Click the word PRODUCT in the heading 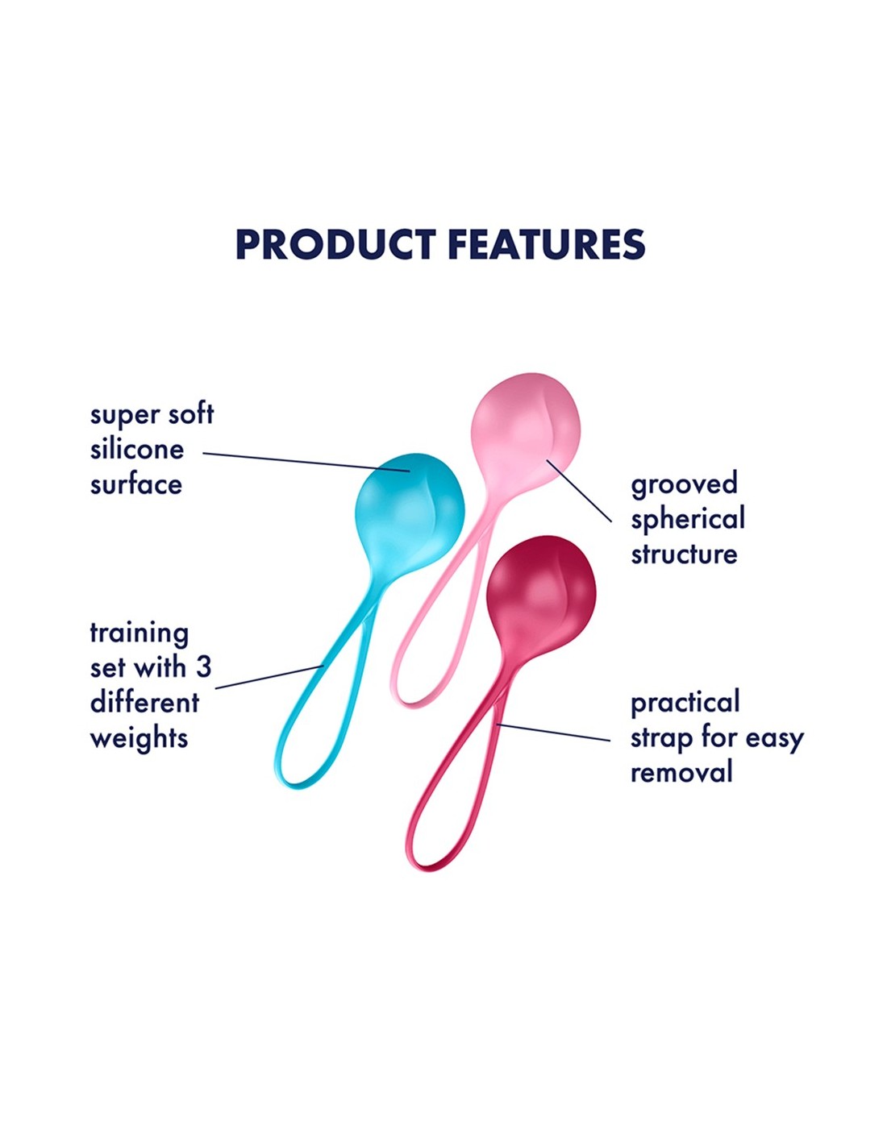click(335, 244)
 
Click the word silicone click(136, 450)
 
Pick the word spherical click(688, 521)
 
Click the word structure click(684, 554)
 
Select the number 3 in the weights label click(203, 667)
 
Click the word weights click(139, 738)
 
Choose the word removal click(681, 773)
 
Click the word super click(123, 416)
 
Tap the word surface click(136, 484)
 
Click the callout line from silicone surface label click(306, 462)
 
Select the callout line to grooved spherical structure click(579, 491)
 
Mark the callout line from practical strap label click(553, 733)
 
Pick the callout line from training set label click(269, 677)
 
